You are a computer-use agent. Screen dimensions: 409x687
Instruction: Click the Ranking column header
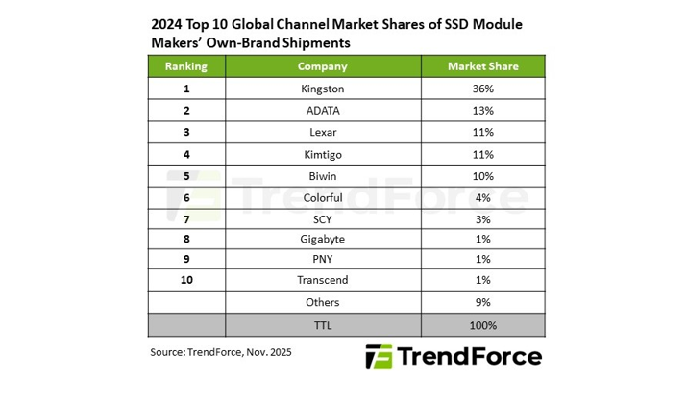(x=185, y=66)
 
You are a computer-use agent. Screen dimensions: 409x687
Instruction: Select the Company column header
(x=322, y=66)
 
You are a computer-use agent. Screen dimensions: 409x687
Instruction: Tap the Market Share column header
(x=482, y=66)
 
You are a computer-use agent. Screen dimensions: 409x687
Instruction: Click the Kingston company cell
(x=322, y=89)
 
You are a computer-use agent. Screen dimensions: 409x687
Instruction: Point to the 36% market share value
(x=482, y=89)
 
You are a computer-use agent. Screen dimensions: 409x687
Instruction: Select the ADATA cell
(x=322, y=111)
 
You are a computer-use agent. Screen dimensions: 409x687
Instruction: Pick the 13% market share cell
(x=482, y=111)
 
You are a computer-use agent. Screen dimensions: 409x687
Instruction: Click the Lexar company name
(x=322, y=132)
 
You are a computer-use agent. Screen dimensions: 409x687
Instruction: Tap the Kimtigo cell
(x=322, y=154)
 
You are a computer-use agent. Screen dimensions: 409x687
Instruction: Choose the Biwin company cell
(x=322, y=176)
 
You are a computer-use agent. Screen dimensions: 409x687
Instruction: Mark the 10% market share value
(x=482, y=176)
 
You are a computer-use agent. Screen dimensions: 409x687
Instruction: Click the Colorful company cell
(x=322, y=197)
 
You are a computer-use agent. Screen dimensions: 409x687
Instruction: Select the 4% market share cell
(x=482, y=197)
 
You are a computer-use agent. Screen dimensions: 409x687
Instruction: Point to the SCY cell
(x=322, y=218)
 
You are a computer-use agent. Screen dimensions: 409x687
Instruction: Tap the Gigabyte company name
(x=322, y=239)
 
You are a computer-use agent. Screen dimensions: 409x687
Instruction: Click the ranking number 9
(x=185, y=259)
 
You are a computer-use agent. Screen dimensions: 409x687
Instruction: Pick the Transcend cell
(x=322, y=280)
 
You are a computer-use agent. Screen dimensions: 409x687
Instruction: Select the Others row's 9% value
(x=482, y=302)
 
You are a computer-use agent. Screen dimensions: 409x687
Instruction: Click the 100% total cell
(x=482, y=325)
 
